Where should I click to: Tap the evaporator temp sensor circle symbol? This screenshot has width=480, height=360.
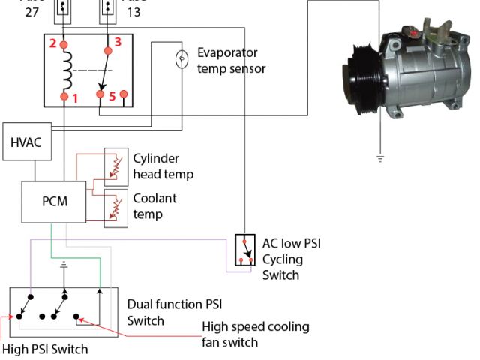181,58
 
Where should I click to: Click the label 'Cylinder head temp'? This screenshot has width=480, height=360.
163,166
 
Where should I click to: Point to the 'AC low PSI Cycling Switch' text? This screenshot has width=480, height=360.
291,259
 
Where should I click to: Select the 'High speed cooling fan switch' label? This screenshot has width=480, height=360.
255,334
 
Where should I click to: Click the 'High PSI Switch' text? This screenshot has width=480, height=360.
45,349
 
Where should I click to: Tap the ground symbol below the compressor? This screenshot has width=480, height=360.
380,157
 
